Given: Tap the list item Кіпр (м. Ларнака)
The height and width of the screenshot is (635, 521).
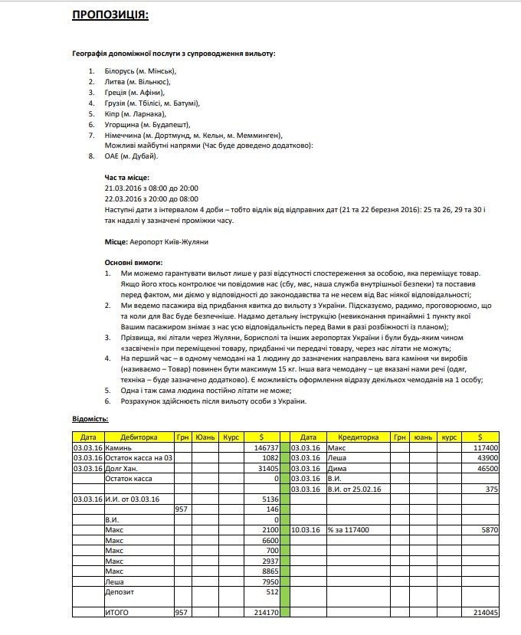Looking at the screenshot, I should click(135, 113).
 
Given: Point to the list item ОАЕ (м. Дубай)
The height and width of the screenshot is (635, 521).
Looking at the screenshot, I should click(131, 156).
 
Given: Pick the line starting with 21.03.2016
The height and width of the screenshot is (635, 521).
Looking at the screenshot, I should click(152, 188).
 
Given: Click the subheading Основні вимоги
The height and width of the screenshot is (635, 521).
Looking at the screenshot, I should click(133, 263).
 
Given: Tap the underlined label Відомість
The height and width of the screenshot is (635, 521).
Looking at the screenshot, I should click(90, 418).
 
